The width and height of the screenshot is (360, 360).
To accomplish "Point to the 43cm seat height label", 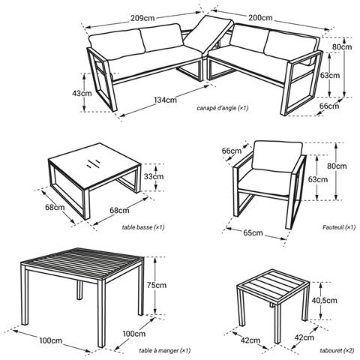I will [x=82, y=93].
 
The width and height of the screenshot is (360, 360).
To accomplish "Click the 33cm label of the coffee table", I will [x=154, y=177].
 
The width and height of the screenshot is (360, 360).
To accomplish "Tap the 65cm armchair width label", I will [x=252, y=234].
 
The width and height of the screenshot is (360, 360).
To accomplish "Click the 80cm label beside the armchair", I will [x=337, y=166].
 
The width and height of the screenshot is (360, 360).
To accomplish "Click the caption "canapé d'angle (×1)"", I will [x=223, y=109].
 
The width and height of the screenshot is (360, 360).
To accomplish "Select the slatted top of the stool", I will [x=266, y=283].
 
